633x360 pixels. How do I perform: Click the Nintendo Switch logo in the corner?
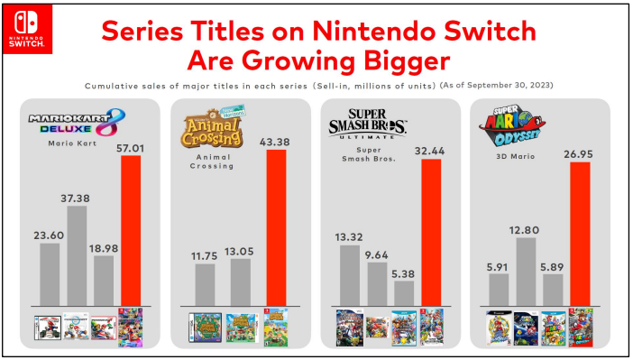pyautogui.click(x=20, y=27)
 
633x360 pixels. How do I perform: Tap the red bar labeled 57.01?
pyautogui.click(x=131, y=230)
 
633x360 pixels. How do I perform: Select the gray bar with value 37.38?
pyautogui.click(x=77, y=255)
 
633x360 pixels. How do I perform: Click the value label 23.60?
pyautogui.click(x=49, y=234)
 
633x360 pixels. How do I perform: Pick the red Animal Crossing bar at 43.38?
pyautogui.click(x=277, y=227)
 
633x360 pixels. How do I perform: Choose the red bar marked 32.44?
pyautogui.click(x=430, y=232)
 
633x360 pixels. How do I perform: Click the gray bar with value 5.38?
pyautogui.click(x=404, y=292)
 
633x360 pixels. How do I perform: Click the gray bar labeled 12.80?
pyautogui.click(x=526, y=270)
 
